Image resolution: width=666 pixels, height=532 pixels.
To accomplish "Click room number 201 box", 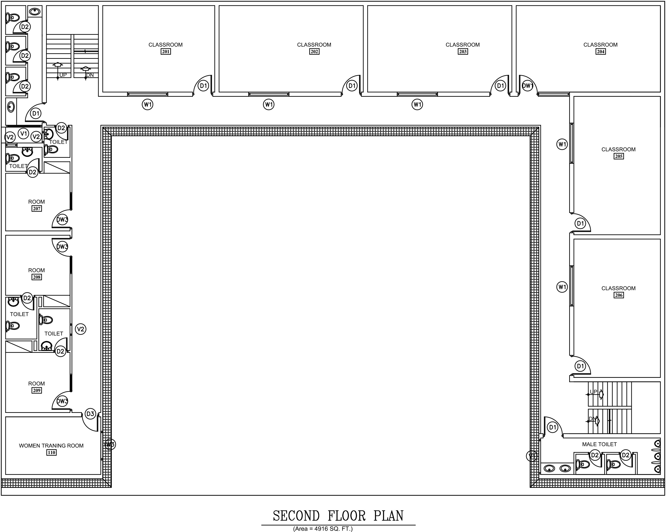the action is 166,51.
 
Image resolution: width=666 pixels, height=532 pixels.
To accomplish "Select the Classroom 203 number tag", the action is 463,51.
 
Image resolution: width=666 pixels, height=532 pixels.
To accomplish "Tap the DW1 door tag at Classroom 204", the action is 528,86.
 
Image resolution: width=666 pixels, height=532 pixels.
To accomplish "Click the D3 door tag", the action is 90,414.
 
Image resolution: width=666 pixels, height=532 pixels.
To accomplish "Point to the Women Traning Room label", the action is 51,445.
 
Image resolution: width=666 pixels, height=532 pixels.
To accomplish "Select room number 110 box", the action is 51,453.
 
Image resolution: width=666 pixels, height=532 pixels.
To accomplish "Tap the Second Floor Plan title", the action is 338,516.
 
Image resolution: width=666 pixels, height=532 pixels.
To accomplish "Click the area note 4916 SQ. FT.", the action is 323,529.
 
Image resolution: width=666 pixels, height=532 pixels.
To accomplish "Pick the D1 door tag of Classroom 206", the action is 581,366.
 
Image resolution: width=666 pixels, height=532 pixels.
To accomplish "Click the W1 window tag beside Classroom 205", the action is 562,144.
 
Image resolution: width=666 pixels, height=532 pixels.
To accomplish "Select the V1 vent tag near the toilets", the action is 24,134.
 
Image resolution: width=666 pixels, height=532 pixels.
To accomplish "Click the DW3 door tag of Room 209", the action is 62,401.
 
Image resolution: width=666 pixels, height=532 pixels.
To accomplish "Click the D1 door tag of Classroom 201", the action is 203,86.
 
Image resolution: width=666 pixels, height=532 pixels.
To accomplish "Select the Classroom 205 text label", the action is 618,150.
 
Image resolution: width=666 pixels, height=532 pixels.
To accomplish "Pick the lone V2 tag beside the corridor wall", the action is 81,329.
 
